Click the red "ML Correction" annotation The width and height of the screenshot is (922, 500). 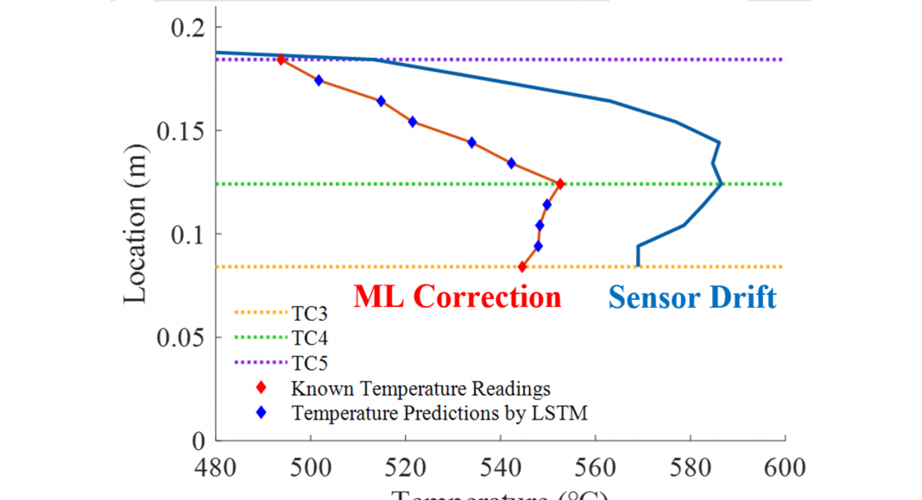[457, 297]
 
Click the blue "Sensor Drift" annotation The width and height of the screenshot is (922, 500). [692, 297]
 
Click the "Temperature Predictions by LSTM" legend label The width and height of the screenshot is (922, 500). [439, 413]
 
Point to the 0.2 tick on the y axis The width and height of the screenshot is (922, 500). [183, 28]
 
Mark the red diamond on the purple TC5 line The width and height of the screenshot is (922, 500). [281, 59]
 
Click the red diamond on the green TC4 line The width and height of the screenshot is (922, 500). [560, 184]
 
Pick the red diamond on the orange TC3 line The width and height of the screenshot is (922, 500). [522, 267]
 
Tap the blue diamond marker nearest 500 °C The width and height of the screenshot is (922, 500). [319, 80]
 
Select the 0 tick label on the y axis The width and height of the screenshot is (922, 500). [197, 441]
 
